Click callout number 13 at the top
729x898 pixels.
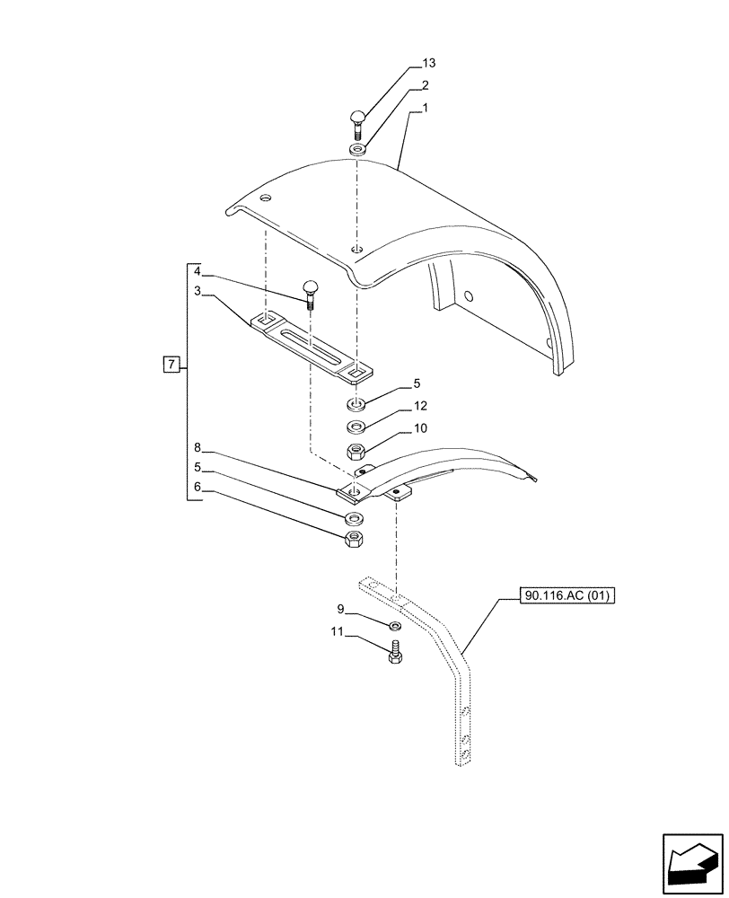coord(428,63)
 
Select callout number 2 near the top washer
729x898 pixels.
coord(425,86)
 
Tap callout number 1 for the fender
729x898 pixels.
coord(425,109)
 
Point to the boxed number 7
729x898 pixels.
coord(171,364)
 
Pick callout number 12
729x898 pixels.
coord(420,406)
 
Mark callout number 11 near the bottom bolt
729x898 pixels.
coord(337,631)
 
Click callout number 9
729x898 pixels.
coord(340,608)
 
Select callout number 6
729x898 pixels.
coord(198,489)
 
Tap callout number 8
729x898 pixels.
coord(198,446)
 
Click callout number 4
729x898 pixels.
coord(198,269)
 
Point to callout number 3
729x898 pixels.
coord(198,291)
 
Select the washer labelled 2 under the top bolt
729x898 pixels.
coord(356,149)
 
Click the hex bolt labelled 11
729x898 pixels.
coord(394,654)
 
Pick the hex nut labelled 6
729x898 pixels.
coord(356,539)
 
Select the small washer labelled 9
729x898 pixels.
coord(395,625)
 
